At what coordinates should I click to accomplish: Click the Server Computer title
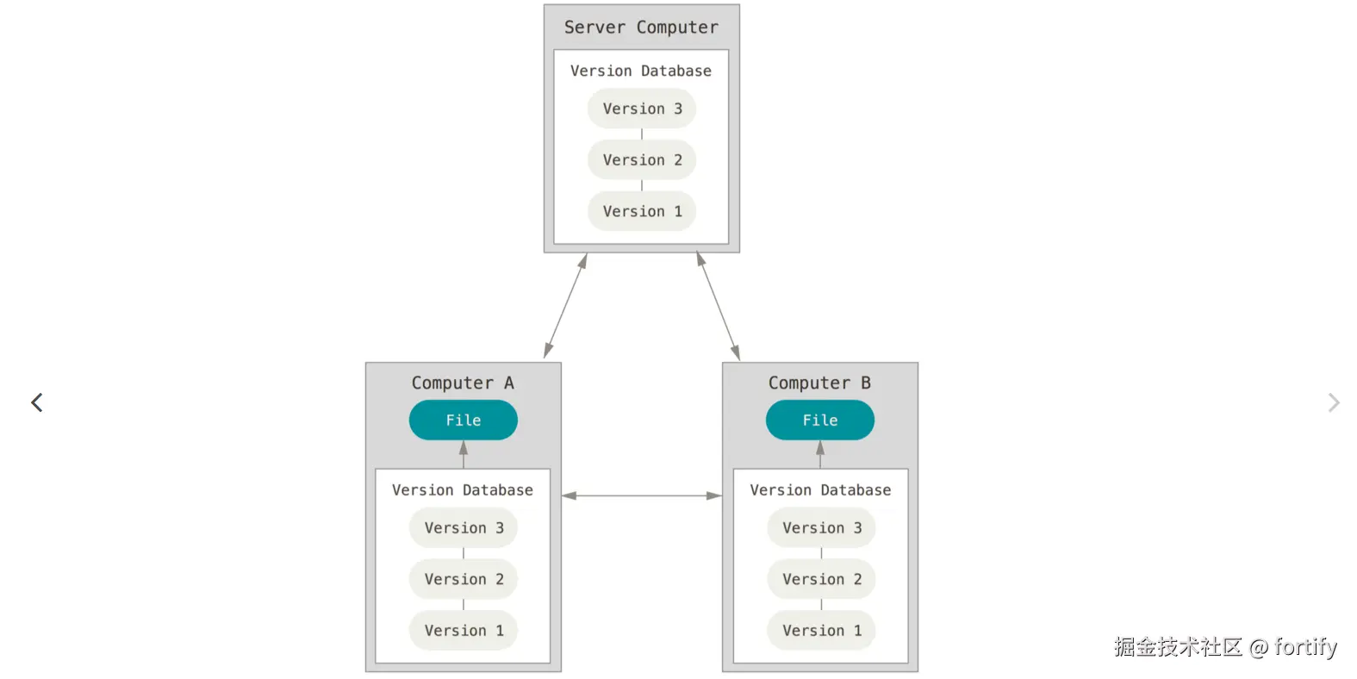641,28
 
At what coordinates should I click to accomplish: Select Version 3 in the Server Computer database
642,109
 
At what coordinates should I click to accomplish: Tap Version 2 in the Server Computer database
642,160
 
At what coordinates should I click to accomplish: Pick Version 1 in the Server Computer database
642,211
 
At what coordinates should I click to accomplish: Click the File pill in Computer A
464,420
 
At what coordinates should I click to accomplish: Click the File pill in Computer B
820,420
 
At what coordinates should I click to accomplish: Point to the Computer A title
463,383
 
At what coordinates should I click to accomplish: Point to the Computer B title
819,383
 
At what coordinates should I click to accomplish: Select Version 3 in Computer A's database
464,527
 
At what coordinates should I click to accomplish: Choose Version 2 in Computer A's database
464,579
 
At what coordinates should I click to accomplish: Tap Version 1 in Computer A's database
464,631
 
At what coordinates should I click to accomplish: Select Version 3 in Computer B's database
821,527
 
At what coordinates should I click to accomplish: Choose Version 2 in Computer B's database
821,579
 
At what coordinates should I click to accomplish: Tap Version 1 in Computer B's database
821,631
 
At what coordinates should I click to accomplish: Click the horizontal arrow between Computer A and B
642,495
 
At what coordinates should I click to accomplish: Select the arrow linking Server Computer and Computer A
566,305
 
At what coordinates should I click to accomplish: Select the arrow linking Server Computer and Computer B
719,306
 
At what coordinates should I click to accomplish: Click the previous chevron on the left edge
37,402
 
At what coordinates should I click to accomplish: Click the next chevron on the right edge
1334,402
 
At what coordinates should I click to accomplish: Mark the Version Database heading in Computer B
820,490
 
